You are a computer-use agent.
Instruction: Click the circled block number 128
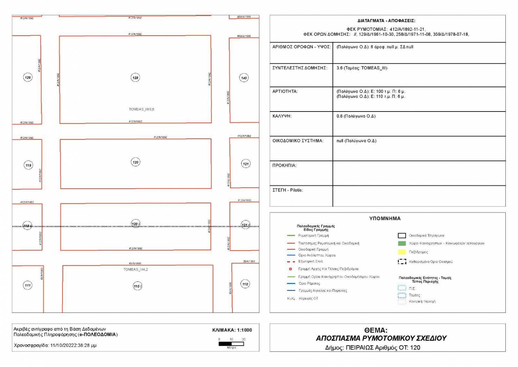pos(135,78)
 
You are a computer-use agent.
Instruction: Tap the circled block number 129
pos(28,77)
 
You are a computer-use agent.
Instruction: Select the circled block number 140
pos(244,78)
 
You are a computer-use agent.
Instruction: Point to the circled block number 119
pos(28,165)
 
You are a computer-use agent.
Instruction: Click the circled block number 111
pos(28,285)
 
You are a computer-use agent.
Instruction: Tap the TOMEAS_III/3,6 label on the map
pos(141,109)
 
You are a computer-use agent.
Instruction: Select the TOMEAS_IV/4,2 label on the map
pos(135,269)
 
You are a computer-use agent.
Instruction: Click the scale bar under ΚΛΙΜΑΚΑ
pos(231,344)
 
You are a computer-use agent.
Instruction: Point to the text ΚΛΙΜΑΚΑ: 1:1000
pos(232,330)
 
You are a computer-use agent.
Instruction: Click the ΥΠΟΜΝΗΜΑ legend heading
pos(385,218)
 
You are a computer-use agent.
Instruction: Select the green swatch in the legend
pos(402,243)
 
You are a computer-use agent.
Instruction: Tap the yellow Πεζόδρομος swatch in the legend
pos(402,252)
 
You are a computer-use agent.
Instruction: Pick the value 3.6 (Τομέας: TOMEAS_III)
pos(362,68)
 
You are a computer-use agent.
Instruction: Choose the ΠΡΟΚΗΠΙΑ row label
pos(284,165)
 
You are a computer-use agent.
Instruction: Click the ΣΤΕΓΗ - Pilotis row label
pos(288,190)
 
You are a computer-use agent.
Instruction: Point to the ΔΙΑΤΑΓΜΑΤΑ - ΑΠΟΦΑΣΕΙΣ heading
pos(386,21)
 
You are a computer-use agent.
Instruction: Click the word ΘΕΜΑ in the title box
pos(376,330)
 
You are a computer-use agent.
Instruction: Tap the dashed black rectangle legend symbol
pos(402,261)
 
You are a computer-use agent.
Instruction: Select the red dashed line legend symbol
pos(291,261)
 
